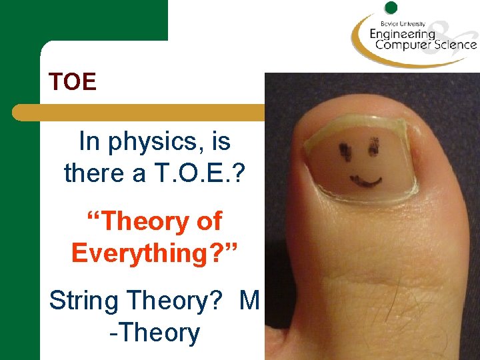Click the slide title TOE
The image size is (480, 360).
73,82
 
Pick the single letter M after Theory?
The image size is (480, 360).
248,301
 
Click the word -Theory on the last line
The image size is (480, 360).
154,333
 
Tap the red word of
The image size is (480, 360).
208,221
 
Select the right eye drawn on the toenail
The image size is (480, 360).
375,143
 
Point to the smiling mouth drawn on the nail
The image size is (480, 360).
367,180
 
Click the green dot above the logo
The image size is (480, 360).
391,8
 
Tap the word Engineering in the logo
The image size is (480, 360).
402,33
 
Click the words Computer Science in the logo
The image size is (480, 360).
425,45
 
